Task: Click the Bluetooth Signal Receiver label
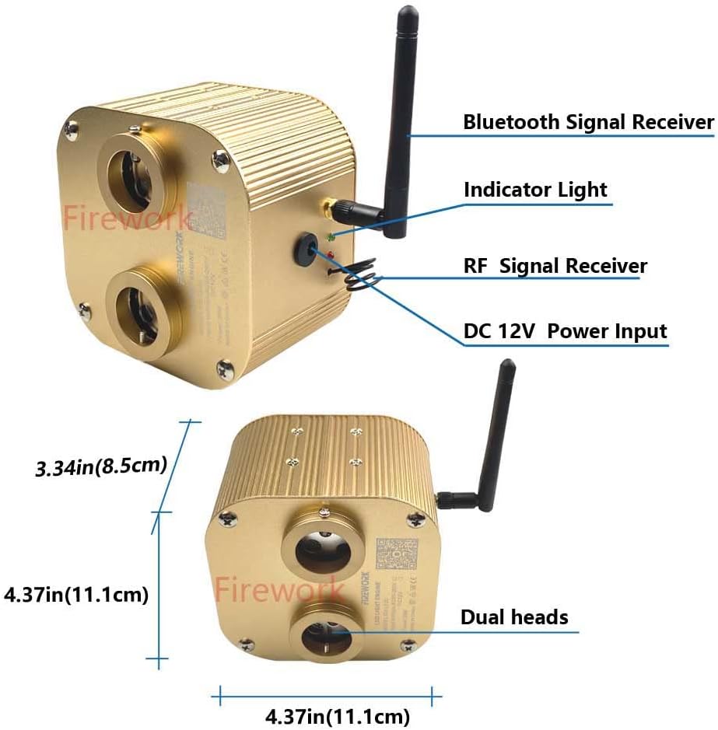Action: pyautogui.click(x=588, y=122)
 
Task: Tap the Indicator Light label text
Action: pyautogui.click(x=535, y=190)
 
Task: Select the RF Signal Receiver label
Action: pyautogui.click(x=555, y=266)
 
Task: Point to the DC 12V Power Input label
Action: pyautogui.click(x=566, y=331)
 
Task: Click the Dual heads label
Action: pyautogui.click(x=514, y=617)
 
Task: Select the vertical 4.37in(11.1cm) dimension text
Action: pyautogui.click(x=76, y=595)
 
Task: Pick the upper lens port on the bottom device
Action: pyautogui.click(x=320, y=549)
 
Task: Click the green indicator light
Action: pyautogui.click(x=331, y=236)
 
